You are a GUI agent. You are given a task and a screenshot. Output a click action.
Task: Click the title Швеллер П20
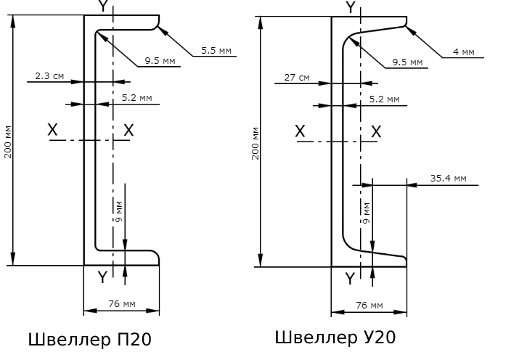click(x=90, y=339)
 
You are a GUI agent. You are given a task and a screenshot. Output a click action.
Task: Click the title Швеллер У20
click(x=335, y=337)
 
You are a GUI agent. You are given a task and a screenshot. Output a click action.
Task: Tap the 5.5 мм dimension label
click(x=216, y=51)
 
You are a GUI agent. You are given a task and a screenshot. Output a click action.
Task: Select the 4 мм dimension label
click(x=462, y=52)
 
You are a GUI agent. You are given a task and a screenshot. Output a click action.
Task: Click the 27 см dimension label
click(x=296, y=76)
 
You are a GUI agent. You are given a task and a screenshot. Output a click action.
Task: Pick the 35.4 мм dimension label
click(x=448, y=178)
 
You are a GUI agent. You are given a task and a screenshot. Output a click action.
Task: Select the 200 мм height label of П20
click(x=7, y=142)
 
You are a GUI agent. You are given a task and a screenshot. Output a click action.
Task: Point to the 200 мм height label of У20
click(x=255, y=143)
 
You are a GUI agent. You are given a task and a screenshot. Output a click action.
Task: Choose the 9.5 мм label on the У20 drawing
click(x=406, y=62)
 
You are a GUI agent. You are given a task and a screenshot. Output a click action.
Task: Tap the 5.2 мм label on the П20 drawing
click(x=137, y=97)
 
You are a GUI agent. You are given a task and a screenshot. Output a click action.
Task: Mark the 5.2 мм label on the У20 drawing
click(x=384, y=98)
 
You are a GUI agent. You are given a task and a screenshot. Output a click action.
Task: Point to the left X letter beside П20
click(x=52, y=130)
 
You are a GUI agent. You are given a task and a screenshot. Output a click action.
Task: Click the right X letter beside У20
click(x=376, y=131)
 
